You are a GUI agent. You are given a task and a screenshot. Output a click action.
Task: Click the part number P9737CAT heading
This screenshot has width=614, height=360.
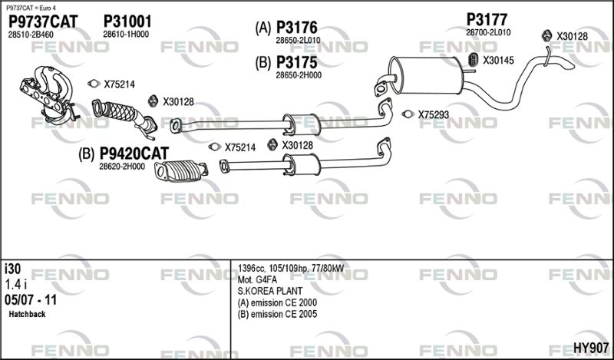(43, 21)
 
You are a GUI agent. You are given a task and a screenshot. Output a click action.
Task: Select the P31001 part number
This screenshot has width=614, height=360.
(127, 21)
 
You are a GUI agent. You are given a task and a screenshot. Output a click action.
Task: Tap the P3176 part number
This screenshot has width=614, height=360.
(297, 28)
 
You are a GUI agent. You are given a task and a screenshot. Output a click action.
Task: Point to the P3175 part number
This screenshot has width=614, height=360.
(297, 62)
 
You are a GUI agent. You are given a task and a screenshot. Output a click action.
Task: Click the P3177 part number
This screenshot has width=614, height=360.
(487, 19)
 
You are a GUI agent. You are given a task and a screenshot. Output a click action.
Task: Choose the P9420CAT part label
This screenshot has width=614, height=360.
(134, 154)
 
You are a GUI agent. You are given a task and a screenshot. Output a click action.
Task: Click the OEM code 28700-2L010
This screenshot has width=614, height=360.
(488, 32)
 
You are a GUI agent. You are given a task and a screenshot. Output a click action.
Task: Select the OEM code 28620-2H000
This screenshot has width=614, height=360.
(122, 167)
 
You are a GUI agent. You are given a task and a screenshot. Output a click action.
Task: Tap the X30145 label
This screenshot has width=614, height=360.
(498, 61)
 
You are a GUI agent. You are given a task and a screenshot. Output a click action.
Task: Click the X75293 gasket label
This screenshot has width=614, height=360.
(434, 115)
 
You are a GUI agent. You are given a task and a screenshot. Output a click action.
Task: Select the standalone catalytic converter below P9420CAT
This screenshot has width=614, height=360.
(181, 171)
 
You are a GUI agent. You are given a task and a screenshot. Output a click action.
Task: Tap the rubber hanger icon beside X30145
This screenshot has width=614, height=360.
(474, 60)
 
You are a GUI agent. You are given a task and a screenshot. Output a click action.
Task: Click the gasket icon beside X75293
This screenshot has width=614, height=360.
(408, 114)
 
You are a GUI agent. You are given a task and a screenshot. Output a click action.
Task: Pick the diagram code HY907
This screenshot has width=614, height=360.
(591, 348)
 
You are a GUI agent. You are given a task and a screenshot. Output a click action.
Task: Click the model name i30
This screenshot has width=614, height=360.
(12, 269)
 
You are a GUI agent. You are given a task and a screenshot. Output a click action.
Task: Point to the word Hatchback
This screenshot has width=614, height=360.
(27, 314)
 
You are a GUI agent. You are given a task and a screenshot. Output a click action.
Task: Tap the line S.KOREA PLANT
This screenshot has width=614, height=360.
(270, 292)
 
